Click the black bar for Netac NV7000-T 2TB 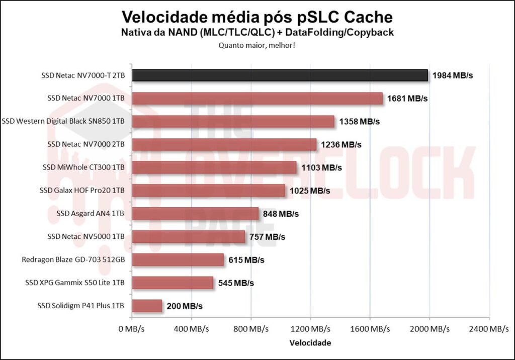pos(280,75)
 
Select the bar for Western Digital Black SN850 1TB pos(233,122)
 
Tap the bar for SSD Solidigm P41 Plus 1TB pos(147,306)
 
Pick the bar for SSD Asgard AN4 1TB pos(195,214)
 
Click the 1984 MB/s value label pos(453,76)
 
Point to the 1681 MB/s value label pos(407,99)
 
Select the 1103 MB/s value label pos(321,167)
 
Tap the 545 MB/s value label pos(236,283)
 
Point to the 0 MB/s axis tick pos(132,329)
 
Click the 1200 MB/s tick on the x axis pos(310,329)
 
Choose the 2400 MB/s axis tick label pos(488,329)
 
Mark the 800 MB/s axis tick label pos(250,329)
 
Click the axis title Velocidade pos(310,343)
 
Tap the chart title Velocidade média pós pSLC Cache pos(257,17)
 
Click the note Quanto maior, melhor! pos(257,45)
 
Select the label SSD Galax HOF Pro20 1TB pos(82,191)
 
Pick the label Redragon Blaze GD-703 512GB pos(73,259)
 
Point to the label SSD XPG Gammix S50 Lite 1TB pos(75,283)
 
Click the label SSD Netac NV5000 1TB pos(86,236)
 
